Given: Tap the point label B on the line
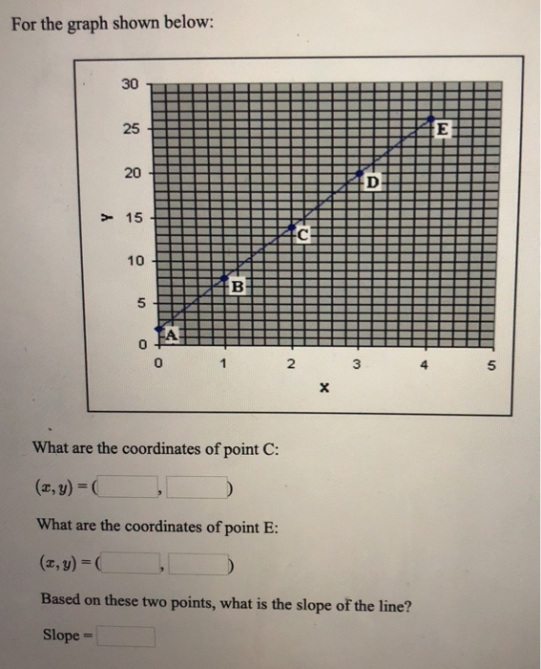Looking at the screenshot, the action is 239,284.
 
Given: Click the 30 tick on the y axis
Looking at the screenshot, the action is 129,84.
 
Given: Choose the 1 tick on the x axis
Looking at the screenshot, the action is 223,364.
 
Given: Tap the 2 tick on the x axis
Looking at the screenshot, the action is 290,364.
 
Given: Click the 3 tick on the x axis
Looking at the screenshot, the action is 356,364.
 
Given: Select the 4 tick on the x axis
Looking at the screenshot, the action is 423,364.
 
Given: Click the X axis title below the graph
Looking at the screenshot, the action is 323,389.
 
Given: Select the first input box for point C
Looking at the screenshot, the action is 133,490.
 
